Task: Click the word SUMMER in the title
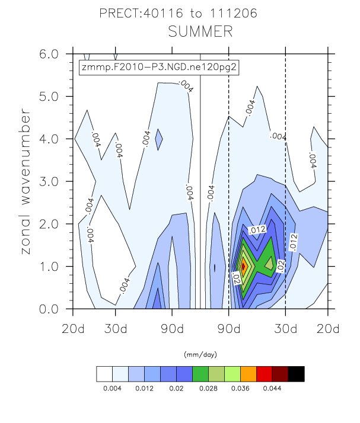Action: click(200, 31)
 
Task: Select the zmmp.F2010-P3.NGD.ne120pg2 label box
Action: click(160, 67)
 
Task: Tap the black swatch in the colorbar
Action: click(297, 373)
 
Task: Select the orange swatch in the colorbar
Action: click(249, 373)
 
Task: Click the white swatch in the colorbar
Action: click(104, 373)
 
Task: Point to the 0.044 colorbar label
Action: click(272, 389)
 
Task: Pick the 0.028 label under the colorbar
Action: click(208, 389)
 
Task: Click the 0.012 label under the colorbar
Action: click(144, 389)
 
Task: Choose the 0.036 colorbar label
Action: click(240, 389)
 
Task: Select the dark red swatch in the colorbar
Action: click(281, 373)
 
